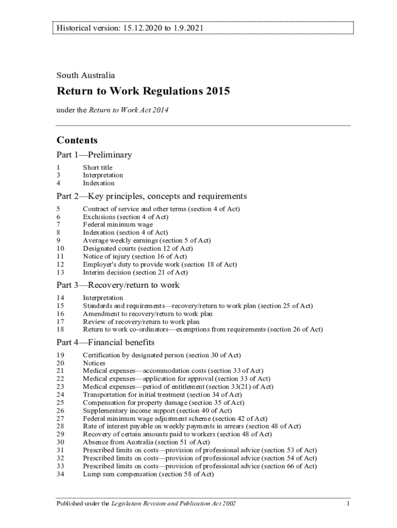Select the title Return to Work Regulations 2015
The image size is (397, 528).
tap(143, 92)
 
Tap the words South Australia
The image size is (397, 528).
tap(86, 75)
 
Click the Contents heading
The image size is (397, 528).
tap(77, 140)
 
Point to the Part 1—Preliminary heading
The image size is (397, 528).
tap(94, 155)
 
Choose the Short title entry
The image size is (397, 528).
tap(97, 168)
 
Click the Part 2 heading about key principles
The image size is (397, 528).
tap(152, 196)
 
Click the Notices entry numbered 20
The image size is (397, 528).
tap(94, 363)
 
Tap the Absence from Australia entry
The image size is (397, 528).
tap(146, 442)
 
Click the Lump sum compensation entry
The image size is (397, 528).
tap(148, 474)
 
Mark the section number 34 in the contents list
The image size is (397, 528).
tap(60, 474)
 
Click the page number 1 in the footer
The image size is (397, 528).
tap(349, 503)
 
